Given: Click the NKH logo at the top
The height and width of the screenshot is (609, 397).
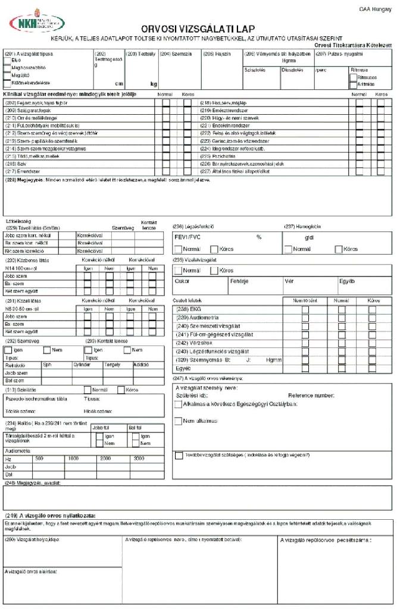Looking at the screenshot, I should (37, 24).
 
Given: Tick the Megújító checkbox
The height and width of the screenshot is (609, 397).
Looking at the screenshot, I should (7, 76).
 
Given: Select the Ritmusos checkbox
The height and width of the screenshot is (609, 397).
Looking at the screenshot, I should (353, 77).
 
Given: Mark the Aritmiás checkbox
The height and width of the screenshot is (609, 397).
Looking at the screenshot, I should (353, 84).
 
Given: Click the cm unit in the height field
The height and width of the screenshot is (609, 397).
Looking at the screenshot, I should (118, 84).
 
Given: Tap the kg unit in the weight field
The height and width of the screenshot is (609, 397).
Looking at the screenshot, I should (154, 84).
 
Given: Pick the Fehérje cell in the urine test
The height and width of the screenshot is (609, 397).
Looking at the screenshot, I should (239, 281).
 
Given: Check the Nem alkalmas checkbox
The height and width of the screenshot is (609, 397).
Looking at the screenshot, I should (179, 421).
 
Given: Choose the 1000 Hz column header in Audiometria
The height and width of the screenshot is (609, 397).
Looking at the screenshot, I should (73, 459).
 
